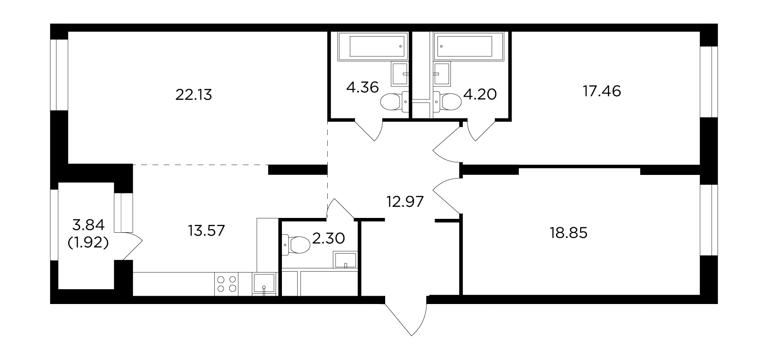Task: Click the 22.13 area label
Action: tap(194, 95)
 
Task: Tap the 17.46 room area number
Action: tap(602, 92)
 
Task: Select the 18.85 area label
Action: tap(568, 233)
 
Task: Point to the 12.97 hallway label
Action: tap(405, 202)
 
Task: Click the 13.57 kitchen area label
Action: tap(206, 231)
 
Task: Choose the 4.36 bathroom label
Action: tap(362, 87)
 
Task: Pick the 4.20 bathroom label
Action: tap(480, 94)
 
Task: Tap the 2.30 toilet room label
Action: tap(329, 238)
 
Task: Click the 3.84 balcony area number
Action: tap(88, 225)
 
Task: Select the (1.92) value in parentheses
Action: tap(88, 243)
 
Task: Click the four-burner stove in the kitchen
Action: tap(227, 284)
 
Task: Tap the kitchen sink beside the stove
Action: tap(264, 284)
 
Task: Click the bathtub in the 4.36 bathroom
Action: tap(373, 47)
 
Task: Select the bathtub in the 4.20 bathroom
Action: tap(468, 47)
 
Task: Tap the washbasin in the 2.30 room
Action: tap(345, 260)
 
